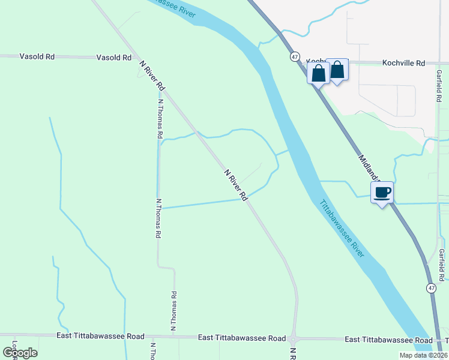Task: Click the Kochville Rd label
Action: [403, 63]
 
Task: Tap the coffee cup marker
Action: [382, 193]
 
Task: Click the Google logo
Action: [20, 352]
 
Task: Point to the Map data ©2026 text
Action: [423, 355]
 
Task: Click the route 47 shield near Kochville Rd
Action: [295, 56]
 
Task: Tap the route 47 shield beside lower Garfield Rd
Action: [431, 289]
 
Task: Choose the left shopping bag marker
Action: [318, 73]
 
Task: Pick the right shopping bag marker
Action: [337, 70]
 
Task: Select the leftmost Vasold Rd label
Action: [37, 57]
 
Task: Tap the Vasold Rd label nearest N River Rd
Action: [114, 58]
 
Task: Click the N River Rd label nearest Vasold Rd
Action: [152, 75]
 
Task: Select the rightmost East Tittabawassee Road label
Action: [388, 340]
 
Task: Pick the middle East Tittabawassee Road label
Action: [242, 339]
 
